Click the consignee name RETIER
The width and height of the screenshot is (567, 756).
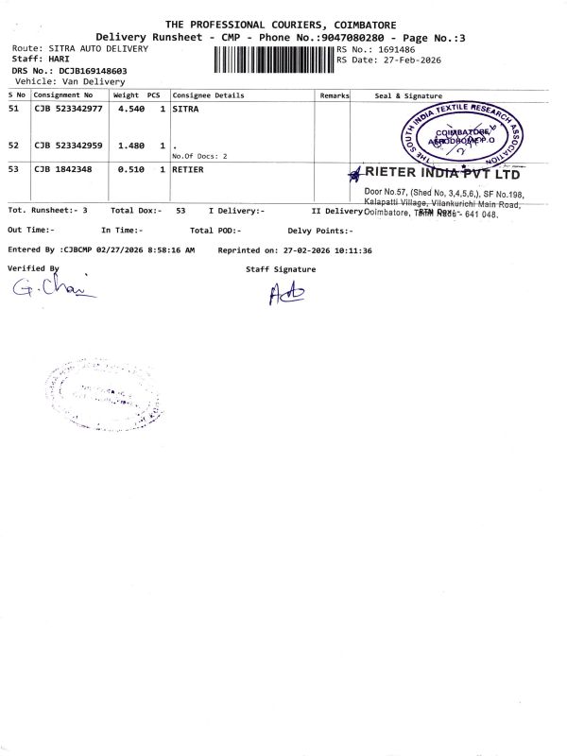coord(188,170)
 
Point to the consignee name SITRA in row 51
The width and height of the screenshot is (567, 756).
coord(185,110)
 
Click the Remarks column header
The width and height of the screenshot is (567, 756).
coord(335,95)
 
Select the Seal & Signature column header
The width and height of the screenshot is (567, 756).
coord(408,95)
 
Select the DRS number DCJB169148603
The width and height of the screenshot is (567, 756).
coord(92,70)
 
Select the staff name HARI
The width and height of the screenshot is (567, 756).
coord(60,59)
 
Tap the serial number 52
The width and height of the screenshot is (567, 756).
coord(13,146)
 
